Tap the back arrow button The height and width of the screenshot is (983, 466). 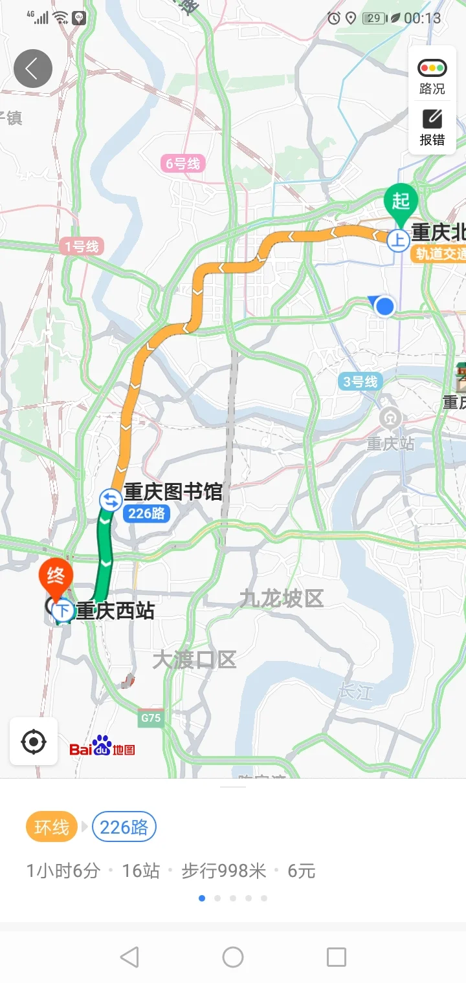[x=32, y=69]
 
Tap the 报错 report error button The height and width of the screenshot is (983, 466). [x=432, y=127]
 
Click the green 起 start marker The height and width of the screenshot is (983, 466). [x=401, y=201]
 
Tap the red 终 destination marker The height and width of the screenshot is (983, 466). [x=56, y=576]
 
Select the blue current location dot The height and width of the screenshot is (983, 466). [x=385, y=306]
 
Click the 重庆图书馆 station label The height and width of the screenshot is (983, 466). [x=173, y=492]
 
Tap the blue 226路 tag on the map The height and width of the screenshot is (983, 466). [x=147, y=514]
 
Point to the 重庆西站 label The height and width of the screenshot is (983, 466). [x=115, y=610]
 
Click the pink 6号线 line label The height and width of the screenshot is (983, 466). [x=183, y=164]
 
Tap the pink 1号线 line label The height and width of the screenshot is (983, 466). [x=82, y=246]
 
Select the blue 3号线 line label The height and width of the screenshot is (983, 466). [x=359, y=382]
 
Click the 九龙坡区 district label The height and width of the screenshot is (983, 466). [x=281, y=599]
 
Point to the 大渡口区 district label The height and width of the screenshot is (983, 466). [x=194, y=660]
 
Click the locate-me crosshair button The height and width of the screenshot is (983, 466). [x=34, y=742]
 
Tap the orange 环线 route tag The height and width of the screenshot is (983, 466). [x=52, y=827]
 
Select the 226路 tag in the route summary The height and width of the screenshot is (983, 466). [x=124, y=827]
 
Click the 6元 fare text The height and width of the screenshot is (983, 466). [x=302, y=871]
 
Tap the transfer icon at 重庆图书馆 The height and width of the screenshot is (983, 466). [x=110, y=500]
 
